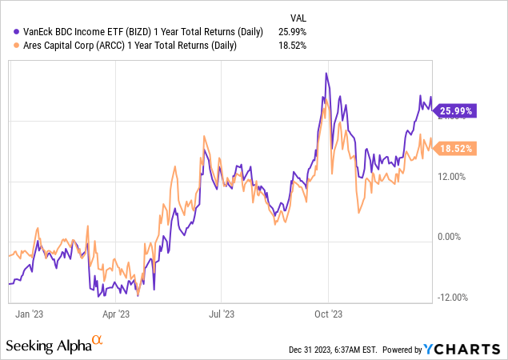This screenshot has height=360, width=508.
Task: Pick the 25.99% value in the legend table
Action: [x=291, y=31]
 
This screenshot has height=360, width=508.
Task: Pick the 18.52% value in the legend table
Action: [x=291, y=46]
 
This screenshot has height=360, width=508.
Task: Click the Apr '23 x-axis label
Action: [x=117, y=315]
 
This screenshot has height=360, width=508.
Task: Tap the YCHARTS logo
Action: [x=464, y=349]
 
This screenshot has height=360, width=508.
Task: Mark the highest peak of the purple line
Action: [x=326, y=74]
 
